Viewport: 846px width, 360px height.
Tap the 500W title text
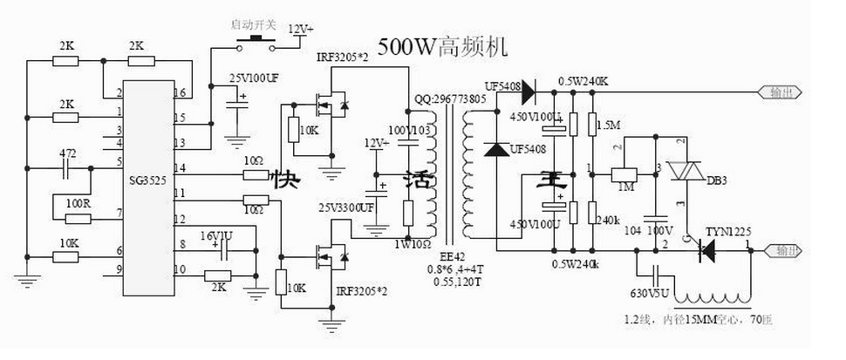point(441,45)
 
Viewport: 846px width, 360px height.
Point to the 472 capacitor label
point(67,153)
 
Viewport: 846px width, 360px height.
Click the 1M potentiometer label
point(624,187)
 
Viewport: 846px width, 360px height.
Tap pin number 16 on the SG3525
point(179,92)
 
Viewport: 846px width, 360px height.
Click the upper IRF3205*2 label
point(343,57)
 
